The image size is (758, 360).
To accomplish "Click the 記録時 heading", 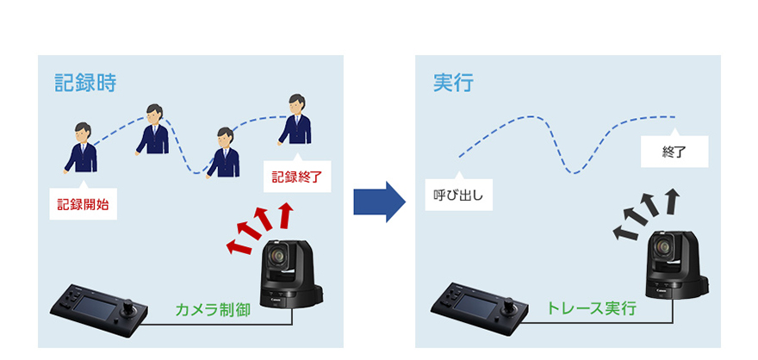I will coord(85,84).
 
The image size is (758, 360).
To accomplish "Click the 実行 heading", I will coord(452,84).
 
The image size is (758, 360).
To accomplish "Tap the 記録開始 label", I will coord(84,205).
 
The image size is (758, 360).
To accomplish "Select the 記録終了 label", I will coord(295,177).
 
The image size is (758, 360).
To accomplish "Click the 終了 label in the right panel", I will coord(675,152).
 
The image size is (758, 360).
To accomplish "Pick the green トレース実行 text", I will coord(590,307).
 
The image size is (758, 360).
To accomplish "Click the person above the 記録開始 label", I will coord(81,147).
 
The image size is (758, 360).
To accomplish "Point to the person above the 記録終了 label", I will coord(296,120).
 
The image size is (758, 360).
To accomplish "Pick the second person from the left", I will coord(152,129).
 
